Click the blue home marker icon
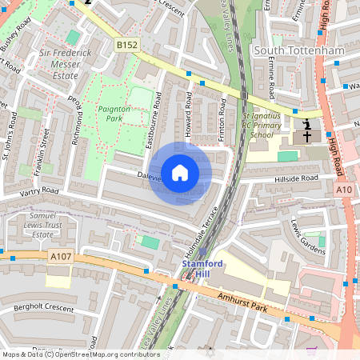click(180, 173)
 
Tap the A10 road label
click(344, 189)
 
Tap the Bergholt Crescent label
click(37, 308)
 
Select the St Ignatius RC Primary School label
click(260, 126)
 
